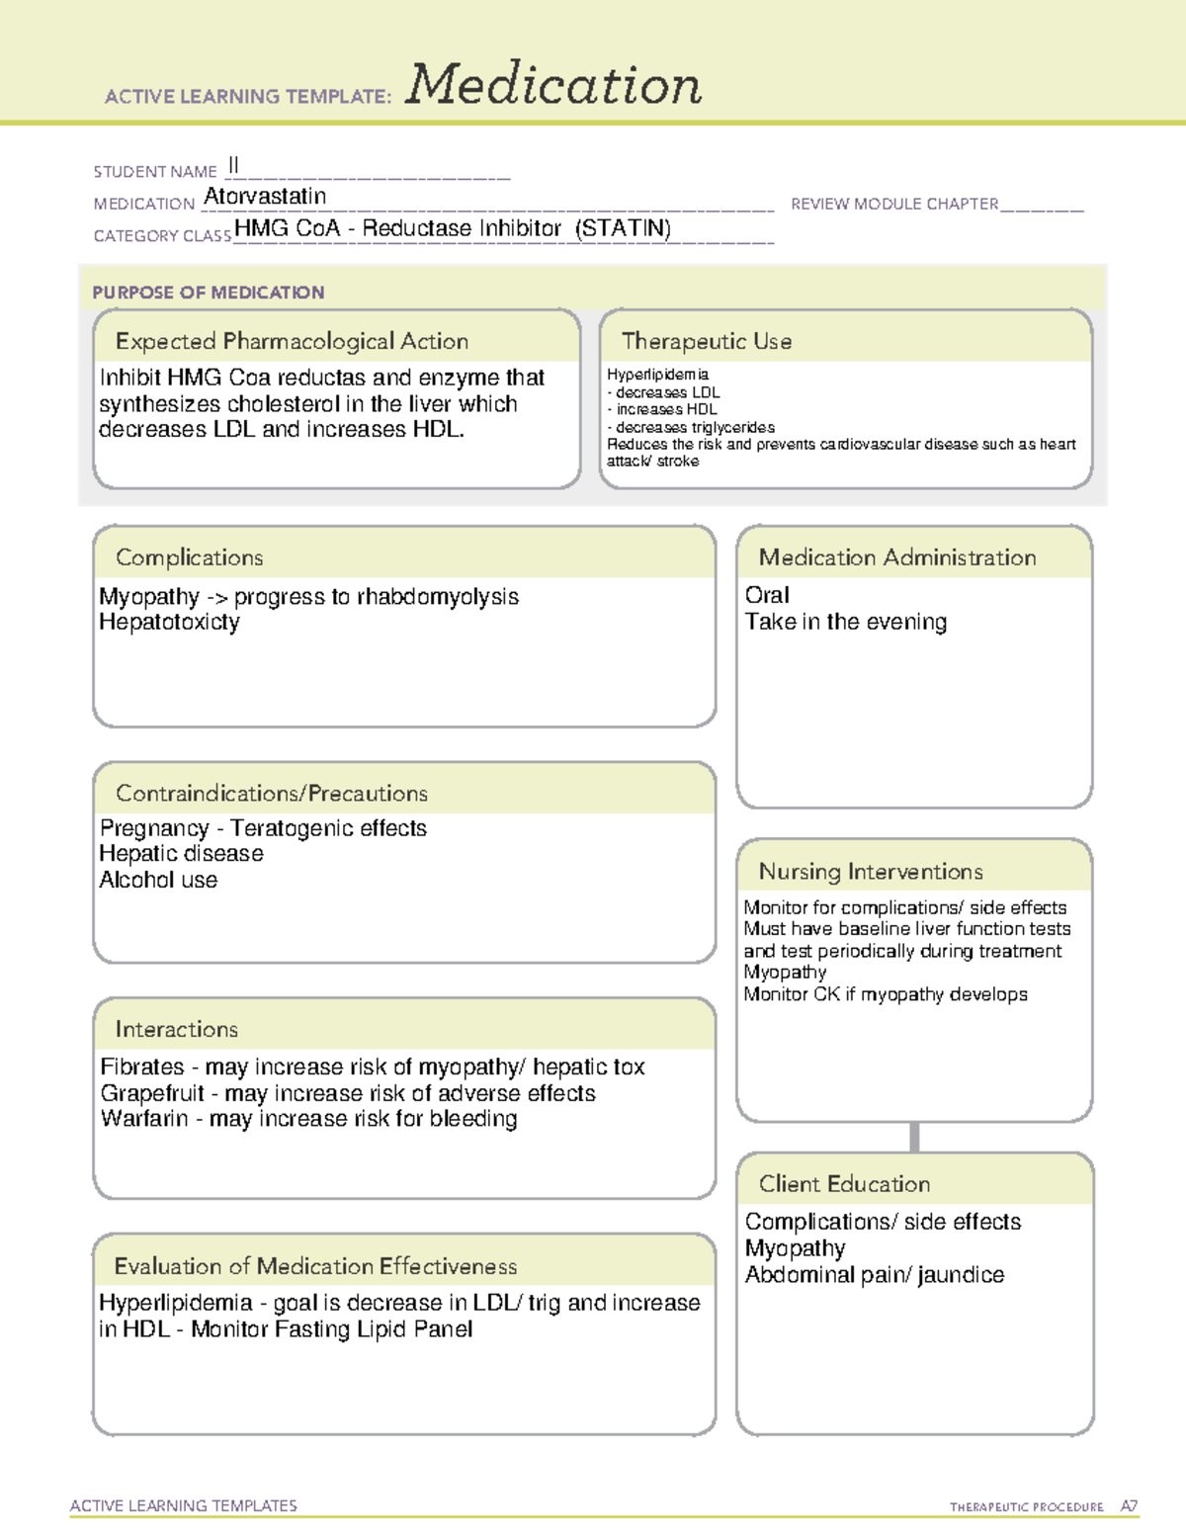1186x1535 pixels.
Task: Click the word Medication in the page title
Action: click(553, 85)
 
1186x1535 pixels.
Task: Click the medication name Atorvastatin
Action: click(265, 197)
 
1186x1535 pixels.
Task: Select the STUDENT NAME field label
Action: click(155, 172)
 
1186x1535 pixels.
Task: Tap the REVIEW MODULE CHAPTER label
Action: click(894, 204)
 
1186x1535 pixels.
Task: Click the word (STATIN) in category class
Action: click(624, 228)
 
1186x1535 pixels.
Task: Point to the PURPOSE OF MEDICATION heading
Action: click(209, 293)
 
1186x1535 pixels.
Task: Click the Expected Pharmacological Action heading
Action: click(292, 341)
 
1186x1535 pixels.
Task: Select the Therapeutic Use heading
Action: click(707, 341)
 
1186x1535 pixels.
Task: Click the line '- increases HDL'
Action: click(662, 409)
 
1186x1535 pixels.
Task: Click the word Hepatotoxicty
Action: click(169, 623)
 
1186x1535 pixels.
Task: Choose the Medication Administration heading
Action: click(897, 557)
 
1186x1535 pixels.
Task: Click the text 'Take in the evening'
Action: click(846, 622)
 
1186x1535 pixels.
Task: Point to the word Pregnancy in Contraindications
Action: click(155, 828)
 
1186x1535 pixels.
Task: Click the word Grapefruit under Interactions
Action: click(152, 1093)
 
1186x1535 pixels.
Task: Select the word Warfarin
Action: click(144, 1119)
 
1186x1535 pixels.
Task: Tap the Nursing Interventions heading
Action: click(871, 872)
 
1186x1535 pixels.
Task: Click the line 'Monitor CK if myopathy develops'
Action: click(886, 994)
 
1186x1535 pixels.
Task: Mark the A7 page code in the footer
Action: click(1128, 1506)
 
